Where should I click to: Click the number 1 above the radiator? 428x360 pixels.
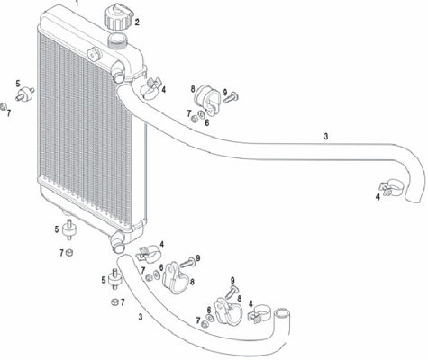coord(77,4)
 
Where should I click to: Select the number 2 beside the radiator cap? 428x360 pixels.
coord(137,22)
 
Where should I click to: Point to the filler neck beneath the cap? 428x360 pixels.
coord(118,40)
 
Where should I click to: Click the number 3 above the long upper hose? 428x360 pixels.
coord(326,137)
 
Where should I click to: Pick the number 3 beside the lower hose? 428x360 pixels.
coord(141,317)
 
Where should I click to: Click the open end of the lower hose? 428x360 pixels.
coord(283,314)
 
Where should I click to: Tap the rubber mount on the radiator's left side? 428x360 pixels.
coord(25,93)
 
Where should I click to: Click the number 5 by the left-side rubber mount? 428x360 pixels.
coord(18,84)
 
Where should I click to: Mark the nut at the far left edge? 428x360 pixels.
coord(3,106)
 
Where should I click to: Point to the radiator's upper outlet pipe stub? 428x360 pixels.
coord(119,75)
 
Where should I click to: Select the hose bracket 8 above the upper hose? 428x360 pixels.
coord(207,99)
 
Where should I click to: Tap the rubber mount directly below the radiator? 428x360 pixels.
coord(69,229)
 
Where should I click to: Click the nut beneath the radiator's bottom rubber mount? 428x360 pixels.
coord(69,253)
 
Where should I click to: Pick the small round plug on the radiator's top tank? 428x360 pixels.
coord(95,54)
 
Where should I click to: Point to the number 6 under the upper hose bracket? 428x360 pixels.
coord(207,122)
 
